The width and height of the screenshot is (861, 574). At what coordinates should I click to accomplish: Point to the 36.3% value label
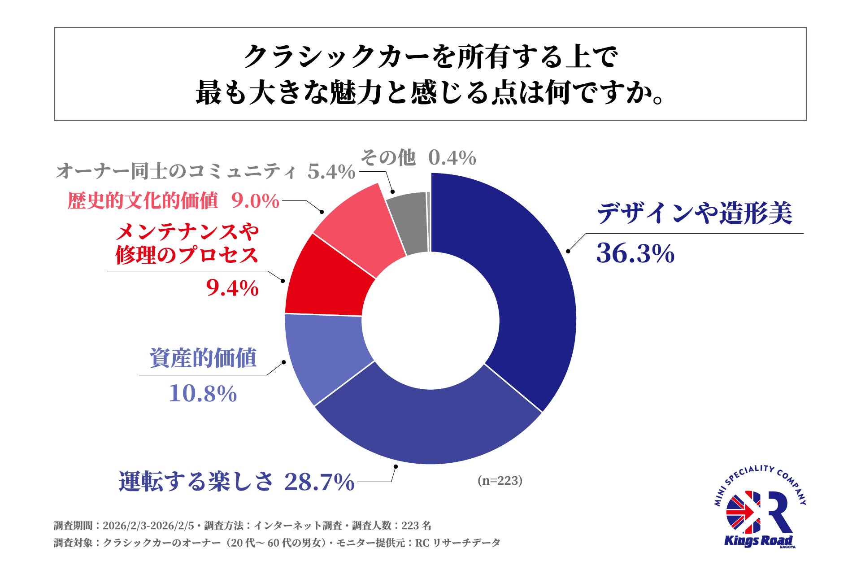point(635,253)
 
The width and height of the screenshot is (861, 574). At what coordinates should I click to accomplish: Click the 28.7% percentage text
point(319,482)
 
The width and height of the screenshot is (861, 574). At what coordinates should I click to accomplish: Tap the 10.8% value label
point(203,394)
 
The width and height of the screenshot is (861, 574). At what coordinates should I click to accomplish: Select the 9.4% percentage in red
point(232,288)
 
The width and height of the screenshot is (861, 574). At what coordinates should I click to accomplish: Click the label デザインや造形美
point(694,213)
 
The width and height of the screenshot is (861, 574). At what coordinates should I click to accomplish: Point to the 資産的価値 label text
point(203,358)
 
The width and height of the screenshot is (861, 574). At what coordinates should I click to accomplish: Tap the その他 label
point(388,158)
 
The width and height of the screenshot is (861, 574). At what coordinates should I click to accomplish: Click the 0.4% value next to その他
point(452,158)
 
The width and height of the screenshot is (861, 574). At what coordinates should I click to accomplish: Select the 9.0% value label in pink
point(256,201)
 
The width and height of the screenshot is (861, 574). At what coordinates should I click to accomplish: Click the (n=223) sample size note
point(500,481)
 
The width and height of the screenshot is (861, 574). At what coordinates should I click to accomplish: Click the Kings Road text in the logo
point(758,541)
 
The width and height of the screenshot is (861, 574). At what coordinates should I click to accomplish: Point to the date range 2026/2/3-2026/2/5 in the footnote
point(148,526)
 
